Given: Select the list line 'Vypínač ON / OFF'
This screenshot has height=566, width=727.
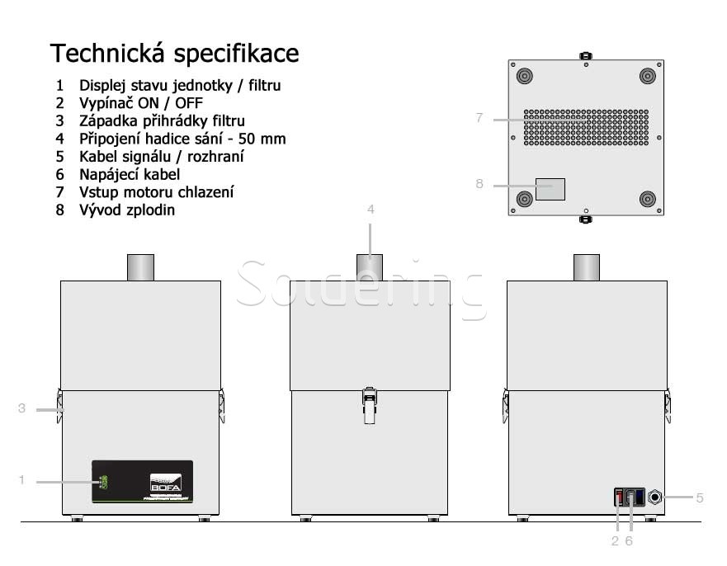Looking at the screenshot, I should (x=140, y=103).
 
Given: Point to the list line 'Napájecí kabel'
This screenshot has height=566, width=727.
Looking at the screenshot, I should (x=129, y=174).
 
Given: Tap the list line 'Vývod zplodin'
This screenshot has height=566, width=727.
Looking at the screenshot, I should (x=126, y=210).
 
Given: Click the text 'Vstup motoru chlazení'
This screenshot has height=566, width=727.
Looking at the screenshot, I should (x=156, y=192).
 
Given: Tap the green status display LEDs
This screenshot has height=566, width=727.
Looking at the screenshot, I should (x=103, y=482).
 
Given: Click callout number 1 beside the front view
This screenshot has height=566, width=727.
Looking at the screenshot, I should (x=22, y=479).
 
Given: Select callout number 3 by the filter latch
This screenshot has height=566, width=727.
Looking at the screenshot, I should (x=22, y=408).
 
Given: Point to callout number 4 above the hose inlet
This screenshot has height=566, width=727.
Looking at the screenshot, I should (x=371, y=210).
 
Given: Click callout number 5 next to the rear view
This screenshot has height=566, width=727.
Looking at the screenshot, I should (x=699, y=498).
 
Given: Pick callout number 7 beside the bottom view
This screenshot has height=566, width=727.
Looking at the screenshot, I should (x=479, y=118).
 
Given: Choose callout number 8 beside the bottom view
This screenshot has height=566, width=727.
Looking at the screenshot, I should (x=479, y=184).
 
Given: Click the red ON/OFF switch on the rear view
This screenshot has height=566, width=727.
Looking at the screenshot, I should (x=619, y=498).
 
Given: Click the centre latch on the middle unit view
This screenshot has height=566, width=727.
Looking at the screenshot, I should (x=371, y=404).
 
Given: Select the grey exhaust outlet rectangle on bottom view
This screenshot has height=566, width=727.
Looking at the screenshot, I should (x=550, y=189).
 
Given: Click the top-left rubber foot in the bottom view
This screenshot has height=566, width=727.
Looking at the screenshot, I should (x=524, y=76).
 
